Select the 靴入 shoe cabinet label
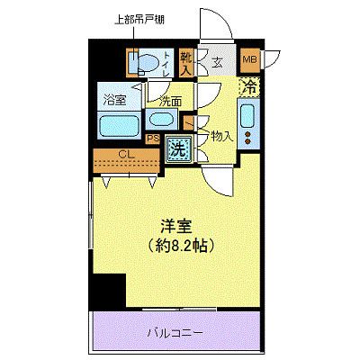click(186, 62)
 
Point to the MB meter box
click(252, 61)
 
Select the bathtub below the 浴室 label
click(117, 125)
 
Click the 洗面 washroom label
click(171, 102)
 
